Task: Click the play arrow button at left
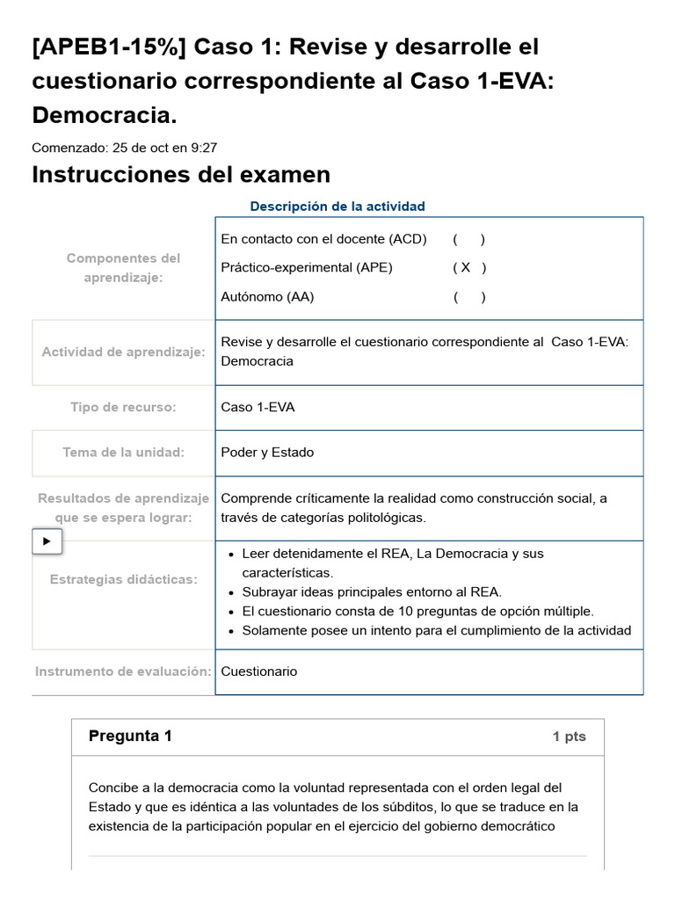tap(47, 541)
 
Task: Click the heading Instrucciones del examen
tap(181, 175)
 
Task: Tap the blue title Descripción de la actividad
tap(337, 207)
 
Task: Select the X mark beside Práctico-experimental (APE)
tap(466, 267)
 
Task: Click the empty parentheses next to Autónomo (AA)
tap(469, 297)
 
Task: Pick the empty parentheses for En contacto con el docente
tap(469, 239)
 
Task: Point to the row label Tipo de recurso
tap(123, 408)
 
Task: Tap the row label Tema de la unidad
tap(123, 453)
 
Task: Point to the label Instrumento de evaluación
tap(123, 671)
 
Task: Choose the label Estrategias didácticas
tap(123, 580)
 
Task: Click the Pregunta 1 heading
tap(130, 737)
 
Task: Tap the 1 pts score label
tap(569, 737)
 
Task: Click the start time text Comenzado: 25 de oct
tap(124, 148)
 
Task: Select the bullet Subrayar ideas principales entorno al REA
tap(372, 592)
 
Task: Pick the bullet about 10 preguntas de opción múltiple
tap(417, 612)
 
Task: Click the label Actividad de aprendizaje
tap(123, 352)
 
